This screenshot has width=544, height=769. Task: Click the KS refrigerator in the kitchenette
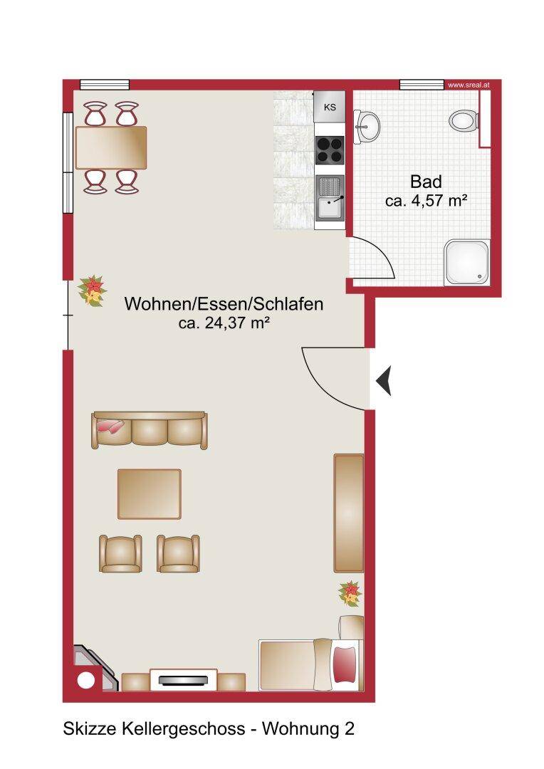coord(330,106)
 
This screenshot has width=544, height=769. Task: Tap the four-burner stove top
coord(330,150)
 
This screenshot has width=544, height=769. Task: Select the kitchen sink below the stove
coord(330,202)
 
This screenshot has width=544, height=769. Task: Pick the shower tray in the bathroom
coord(467,262)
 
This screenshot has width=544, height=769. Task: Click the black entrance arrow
coord(384,380)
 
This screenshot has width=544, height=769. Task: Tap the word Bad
coord(426,182)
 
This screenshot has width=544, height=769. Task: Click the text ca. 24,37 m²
coord(224,323)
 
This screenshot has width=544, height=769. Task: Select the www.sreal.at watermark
coord(469,85)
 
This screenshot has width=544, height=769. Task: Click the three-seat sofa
coord(149,431)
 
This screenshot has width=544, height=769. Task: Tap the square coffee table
coord(149,494)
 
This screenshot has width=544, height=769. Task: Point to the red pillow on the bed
coord(345,664)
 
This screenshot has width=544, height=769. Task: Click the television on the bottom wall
coord(183,680)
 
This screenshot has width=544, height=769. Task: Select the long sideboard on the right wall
coord(349,513)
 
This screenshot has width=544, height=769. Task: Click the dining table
coord(111,147)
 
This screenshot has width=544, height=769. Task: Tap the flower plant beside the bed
coord(350,593)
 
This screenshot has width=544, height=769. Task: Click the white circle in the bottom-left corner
coord(86,681)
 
